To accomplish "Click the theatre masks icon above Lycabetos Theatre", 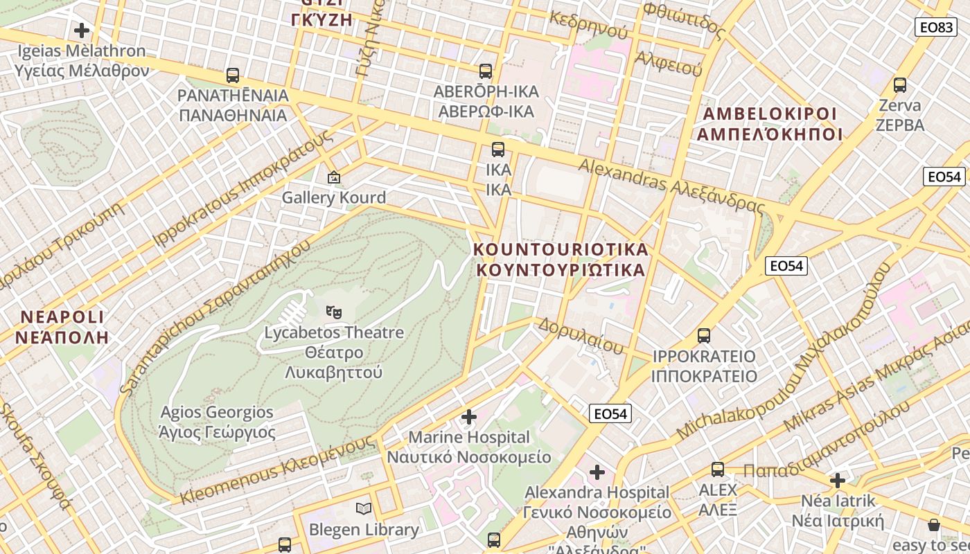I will (334, 312).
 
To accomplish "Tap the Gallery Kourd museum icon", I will (334, 178).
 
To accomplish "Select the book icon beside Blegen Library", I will (364, 509).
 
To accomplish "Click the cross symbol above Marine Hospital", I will (469, 417).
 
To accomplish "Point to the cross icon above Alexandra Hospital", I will (597, 472).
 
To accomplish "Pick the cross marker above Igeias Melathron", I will (82, 30).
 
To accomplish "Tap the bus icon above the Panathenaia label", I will (233, 75).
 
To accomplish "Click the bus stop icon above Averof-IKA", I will (485, 71).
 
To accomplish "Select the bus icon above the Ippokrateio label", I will (704, 336).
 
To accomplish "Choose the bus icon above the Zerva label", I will (900, 85).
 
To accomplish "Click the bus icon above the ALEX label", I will (718, 470).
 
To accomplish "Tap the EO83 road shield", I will (935, 27).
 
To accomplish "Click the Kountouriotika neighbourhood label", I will (561, 259).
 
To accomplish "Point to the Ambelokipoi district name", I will (769, 124).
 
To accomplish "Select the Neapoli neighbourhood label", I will (62, 327).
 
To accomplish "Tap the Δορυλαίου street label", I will (581, 336).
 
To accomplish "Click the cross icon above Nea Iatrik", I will (838, 480).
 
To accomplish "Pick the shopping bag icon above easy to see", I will (934, 525).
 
